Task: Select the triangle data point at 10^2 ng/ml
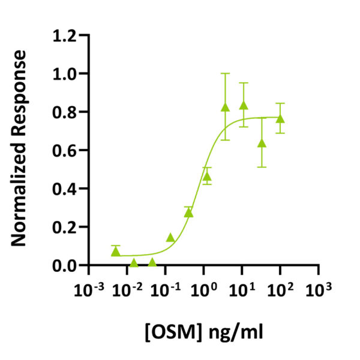pyautogui.click(x=280, y=118)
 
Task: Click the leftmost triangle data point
pyautogui.click(x=116, y=251)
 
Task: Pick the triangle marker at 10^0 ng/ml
pyautogui.click(x=207, y=176)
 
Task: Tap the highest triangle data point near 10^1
pyautogui.click(x=244, y=106)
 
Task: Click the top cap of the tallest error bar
pyautogui.click(x=226, y=74)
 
